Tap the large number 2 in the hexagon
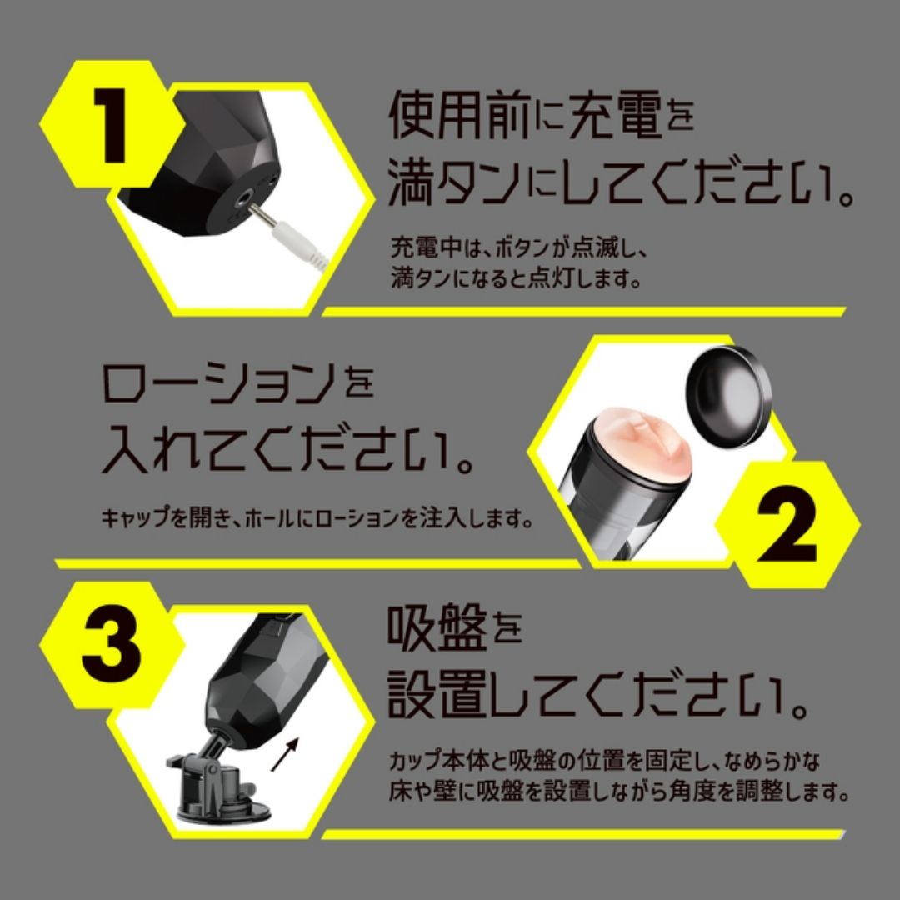click(x=787, y=522)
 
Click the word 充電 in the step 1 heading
click(x=615, y=117)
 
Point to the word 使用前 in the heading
click(x=458, y=117)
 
